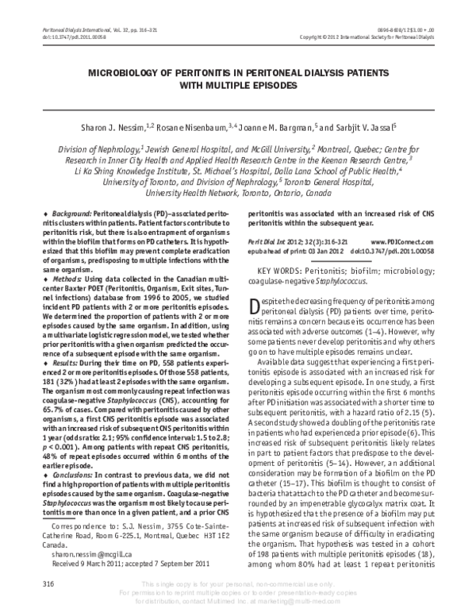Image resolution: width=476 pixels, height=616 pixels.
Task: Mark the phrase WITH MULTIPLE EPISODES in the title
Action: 238,83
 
